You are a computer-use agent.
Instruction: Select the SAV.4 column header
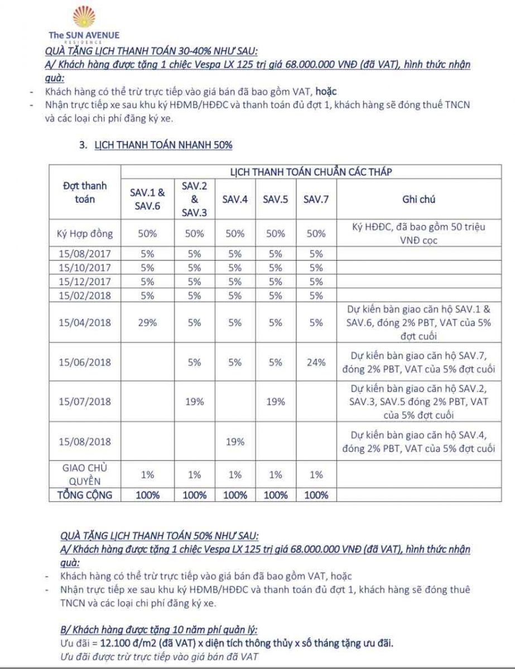point(235,200)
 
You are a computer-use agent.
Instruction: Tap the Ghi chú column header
point(418,200)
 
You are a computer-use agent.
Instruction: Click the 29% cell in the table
point(148,322)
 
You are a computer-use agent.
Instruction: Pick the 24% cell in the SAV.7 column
point(316,362)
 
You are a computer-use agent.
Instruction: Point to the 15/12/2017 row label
point(85,282)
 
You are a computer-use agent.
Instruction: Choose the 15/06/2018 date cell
point(85,362)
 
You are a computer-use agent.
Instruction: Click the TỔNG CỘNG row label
point(85,495)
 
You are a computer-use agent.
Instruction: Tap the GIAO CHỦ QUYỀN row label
point(85,474)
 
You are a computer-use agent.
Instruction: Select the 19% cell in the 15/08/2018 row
point(235,442)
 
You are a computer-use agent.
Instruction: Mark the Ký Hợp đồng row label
point(85,234)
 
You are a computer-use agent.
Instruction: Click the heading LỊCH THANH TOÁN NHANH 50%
point(156,145)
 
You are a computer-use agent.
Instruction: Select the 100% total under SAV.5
point(276,495)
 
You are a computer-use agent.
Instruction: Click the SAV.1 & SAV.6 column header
point(148,200)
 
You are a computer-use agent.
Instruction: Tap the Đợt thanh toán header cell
point(85,192)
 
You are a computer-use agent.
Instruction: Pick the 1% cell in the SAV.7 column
point(316,474)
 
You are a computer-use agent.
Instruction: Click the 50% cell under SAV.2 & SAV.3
point(194,234)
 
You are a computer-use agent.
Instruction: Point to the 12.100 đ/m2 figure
point(116,644)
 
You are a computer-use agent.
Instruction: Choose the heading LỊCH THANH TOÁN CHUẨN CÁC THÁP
point(311,172)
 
